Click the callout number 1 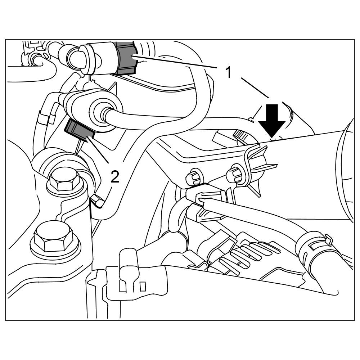click(228, 72)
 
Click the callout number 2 click(114, 177)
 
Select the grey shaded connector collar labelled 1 click(126, 58)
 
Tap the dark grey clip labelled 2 click(79, 131)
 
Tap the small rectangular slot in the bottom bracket click(143, 287)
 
